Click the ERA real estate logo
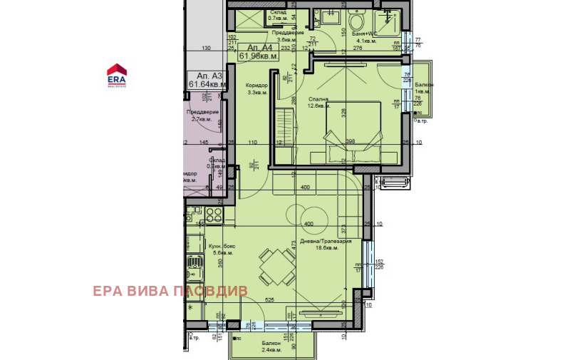[x=116, y=74]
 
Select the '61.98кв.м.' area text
[x=259, y=55]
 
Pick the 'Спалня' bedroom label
[x=318, y=99]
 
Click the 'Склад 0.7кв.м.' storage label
[x=278, y=16]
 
